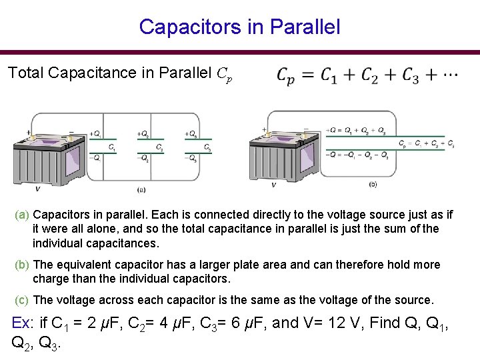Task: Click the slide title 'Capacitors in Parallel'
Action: [x=239, y=27]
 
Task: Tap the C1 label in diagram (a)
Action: [x=112, y=147]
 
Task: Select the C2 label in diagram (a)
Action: [x=159, y=147]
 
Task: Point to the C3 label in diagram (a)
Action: [x=207, y=147]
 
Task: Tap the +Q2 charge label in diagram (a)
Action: [x=143, y=134]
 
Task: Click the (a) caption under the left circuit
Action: [x=141, y=190]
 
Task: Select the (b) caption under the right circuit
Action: [x=373, y=184]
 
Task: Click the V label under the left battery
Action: [x=37, y=189]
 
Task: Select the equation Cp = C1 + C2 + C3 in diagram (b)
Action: [x=427, y=143]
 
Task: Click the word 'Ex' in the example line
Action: [x=21, y=323]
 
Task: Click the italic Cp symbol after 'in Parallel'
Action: [x=225, y=73]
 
